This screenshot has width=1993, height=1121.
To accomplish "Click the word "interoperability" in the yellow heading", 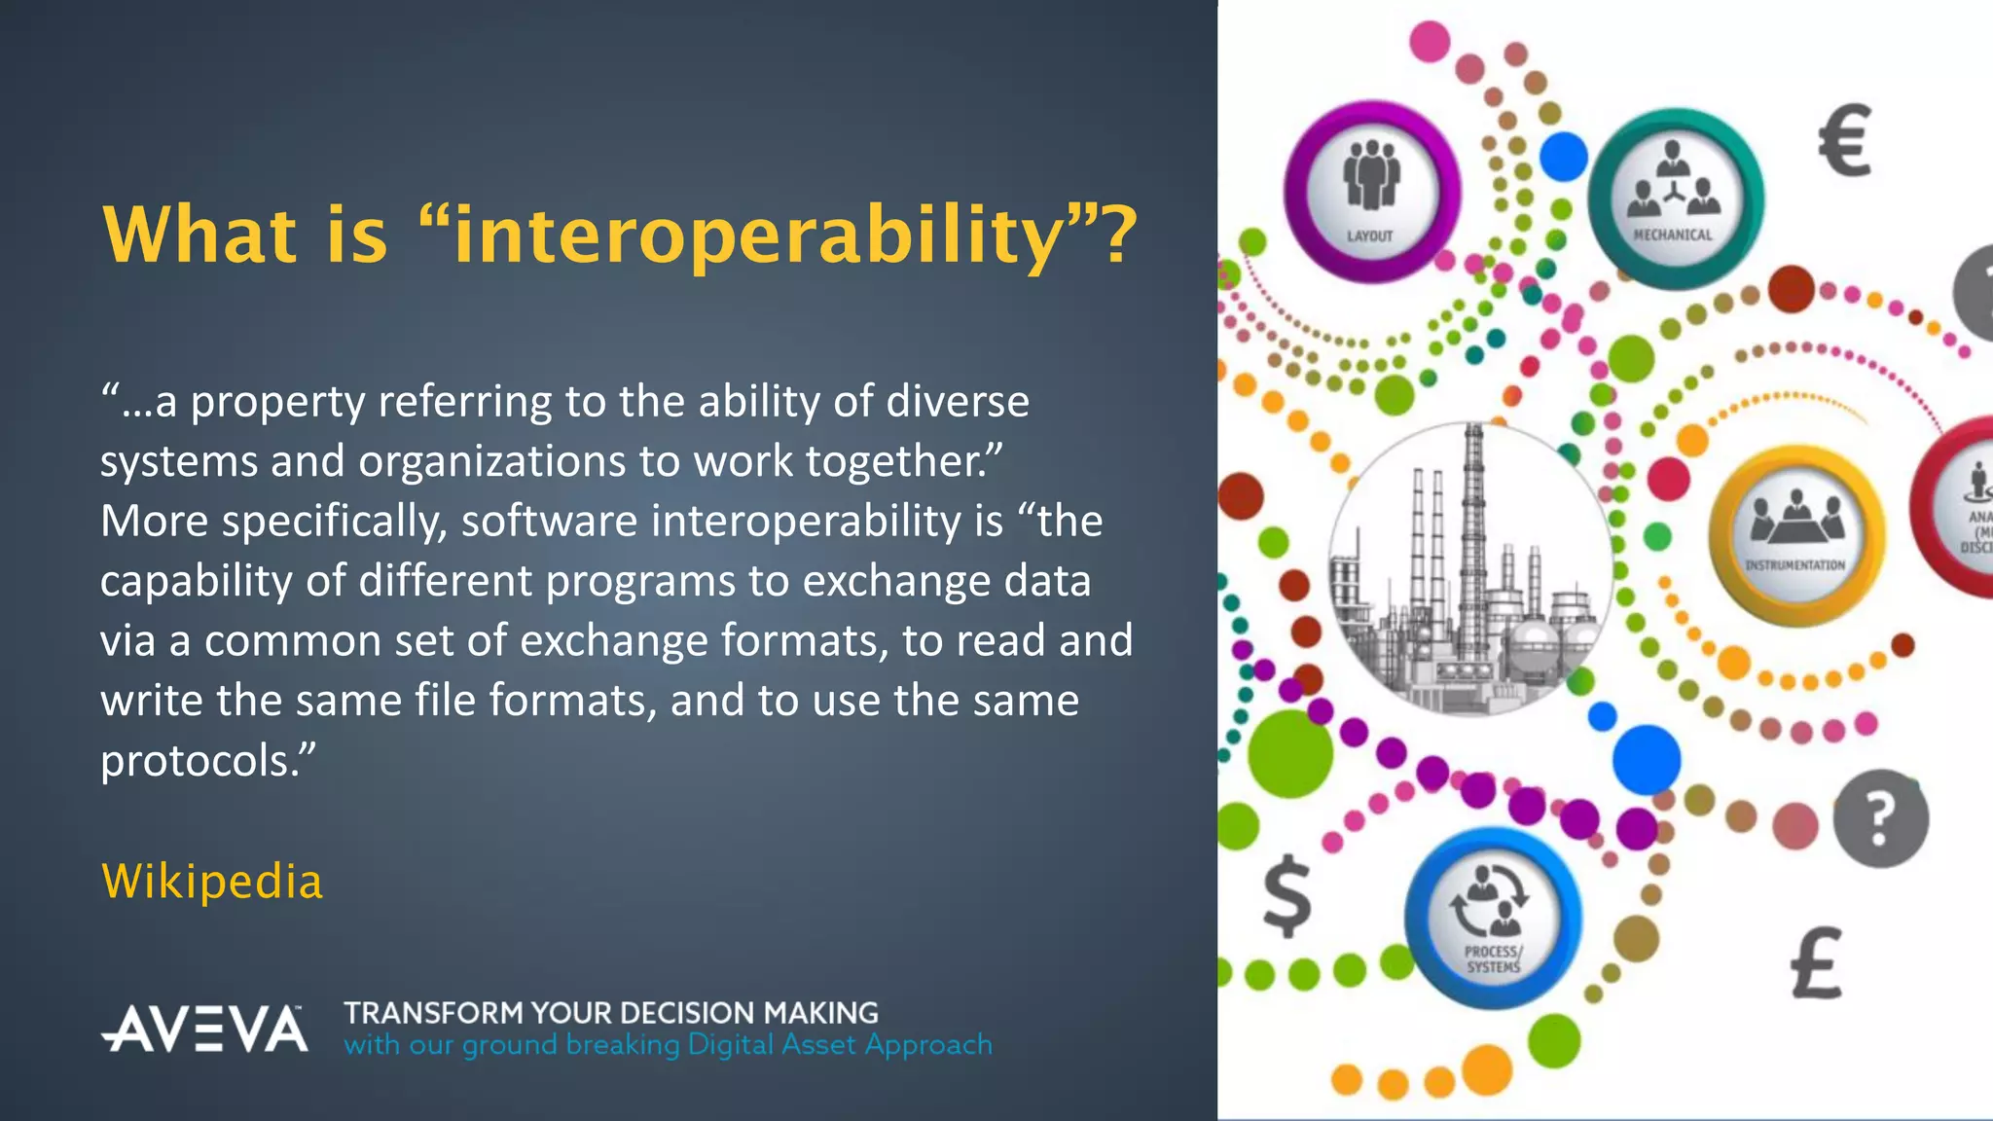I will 759,235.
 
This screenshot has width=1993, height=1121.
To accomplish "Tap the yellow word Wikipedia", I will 212,882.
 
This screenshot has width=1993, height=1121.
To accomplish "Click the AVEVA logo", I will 205,1029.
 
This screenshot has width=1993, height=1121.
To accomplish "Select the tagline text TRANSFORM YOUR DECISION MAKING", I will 611,1013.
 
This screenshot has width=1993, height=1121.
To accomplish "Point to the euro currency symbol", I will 1845,141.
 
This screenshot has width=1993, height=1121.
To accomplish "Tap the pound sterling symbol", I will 1817,963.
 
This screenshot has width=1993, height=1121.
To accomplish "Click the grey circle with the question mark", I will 1880,818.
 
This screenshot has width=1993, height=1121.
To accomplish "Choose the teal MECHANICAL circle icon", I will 1674,199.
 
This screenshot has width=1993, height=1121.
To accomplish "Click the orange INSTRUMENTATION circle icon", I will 1796,534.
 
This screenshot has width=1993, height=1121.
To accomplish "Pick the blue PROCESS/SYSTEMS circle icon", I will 1493,918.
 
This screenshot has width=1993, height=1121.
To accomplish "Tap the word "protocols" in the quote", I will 196,761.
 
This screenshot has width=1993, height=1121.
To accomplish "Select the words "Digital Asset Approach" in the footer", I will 840,1045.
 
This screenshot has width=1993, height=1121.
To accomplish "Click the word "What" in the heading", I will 199,235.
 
